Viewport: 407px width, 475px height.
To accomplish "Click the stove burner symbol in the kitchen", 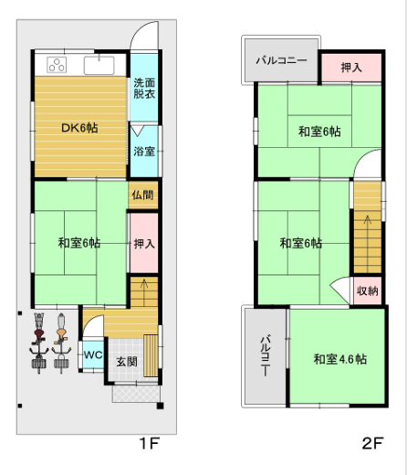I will (56, 65).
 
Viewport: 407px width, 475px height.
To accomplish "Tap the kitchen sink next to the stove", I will (98, 65).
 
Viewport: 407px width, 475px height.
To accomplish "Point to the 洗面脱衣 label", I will (143, 88).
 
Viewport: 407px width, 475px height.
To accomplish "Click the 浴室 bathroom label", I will (143, 152).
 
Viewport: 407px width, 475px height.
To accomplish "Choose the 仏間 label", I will (142, 195).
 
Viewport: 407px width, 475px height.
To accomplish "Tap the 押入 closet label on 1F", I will (143, 243).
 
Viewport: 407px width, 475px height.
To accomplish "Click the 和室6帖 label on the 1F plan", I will (78, 243).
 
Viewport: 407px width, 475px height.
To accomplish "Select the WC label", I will (93, 354).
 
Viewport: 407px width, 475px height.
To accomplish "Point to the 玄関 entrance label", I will (126, 362).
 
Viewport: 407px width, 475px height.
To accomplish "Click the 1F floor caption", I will (150, 445).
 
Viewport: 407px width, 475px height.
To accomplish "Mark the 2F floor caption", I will (372, 445).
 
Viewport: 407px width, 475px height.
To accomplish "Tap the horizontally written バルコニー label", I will (280, 61).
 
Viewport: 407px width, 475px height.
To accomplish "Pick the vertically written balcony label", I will (265, 357).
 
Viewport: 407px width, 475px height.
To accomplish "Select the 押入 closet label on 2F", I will (350, 68).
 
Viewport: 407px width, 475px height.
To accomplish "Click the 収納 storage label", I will (368, 291).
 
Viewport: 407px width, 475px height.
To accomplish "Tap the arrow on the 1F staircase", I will (141, 292).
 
